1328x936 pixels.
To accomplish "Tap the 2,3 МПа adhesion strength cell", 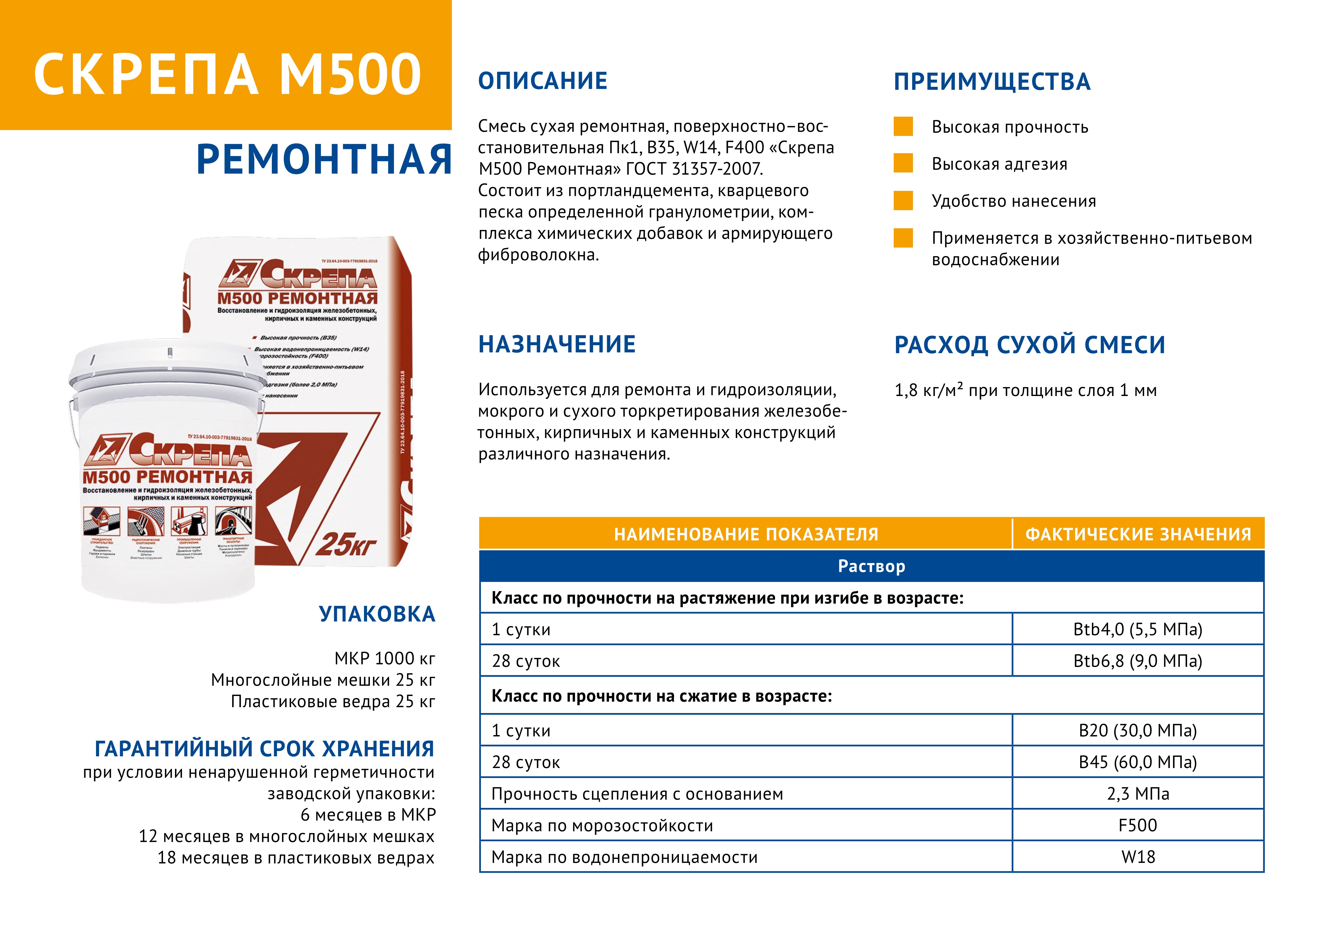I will (x=1138, y=794).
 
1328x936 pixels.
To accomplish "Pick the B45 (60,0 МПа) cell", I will (x=1138, y=762).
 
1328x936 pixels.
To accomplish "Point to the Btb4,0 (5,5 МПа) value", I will (x=1138, y=629).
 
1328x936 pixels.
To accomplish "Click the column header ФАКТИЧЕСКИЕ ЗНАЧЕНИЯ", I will (x=1138, y=534).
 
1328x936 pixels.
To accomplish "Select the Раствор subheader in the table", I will (x=872, y=566).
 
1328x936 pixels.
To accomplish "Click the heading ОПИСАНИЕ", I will (x=543, y=81).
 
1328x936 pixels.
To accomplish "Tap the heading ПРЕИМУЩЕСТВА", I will (x=992, y=82).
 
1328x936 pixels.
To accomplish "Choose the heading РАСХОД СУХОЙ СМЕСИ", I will (x=1030, y=345).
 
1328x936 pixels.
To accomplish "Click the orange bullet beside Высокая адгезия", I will (x=903, y=163).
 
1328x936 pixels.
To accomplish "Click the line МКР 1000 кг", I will (x=385, y=658).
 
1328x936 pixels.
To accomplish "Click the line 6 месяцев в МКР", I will (x=368, y=815).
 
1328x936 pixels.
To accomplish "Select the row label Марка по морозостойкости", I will (x=602, y=825).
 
